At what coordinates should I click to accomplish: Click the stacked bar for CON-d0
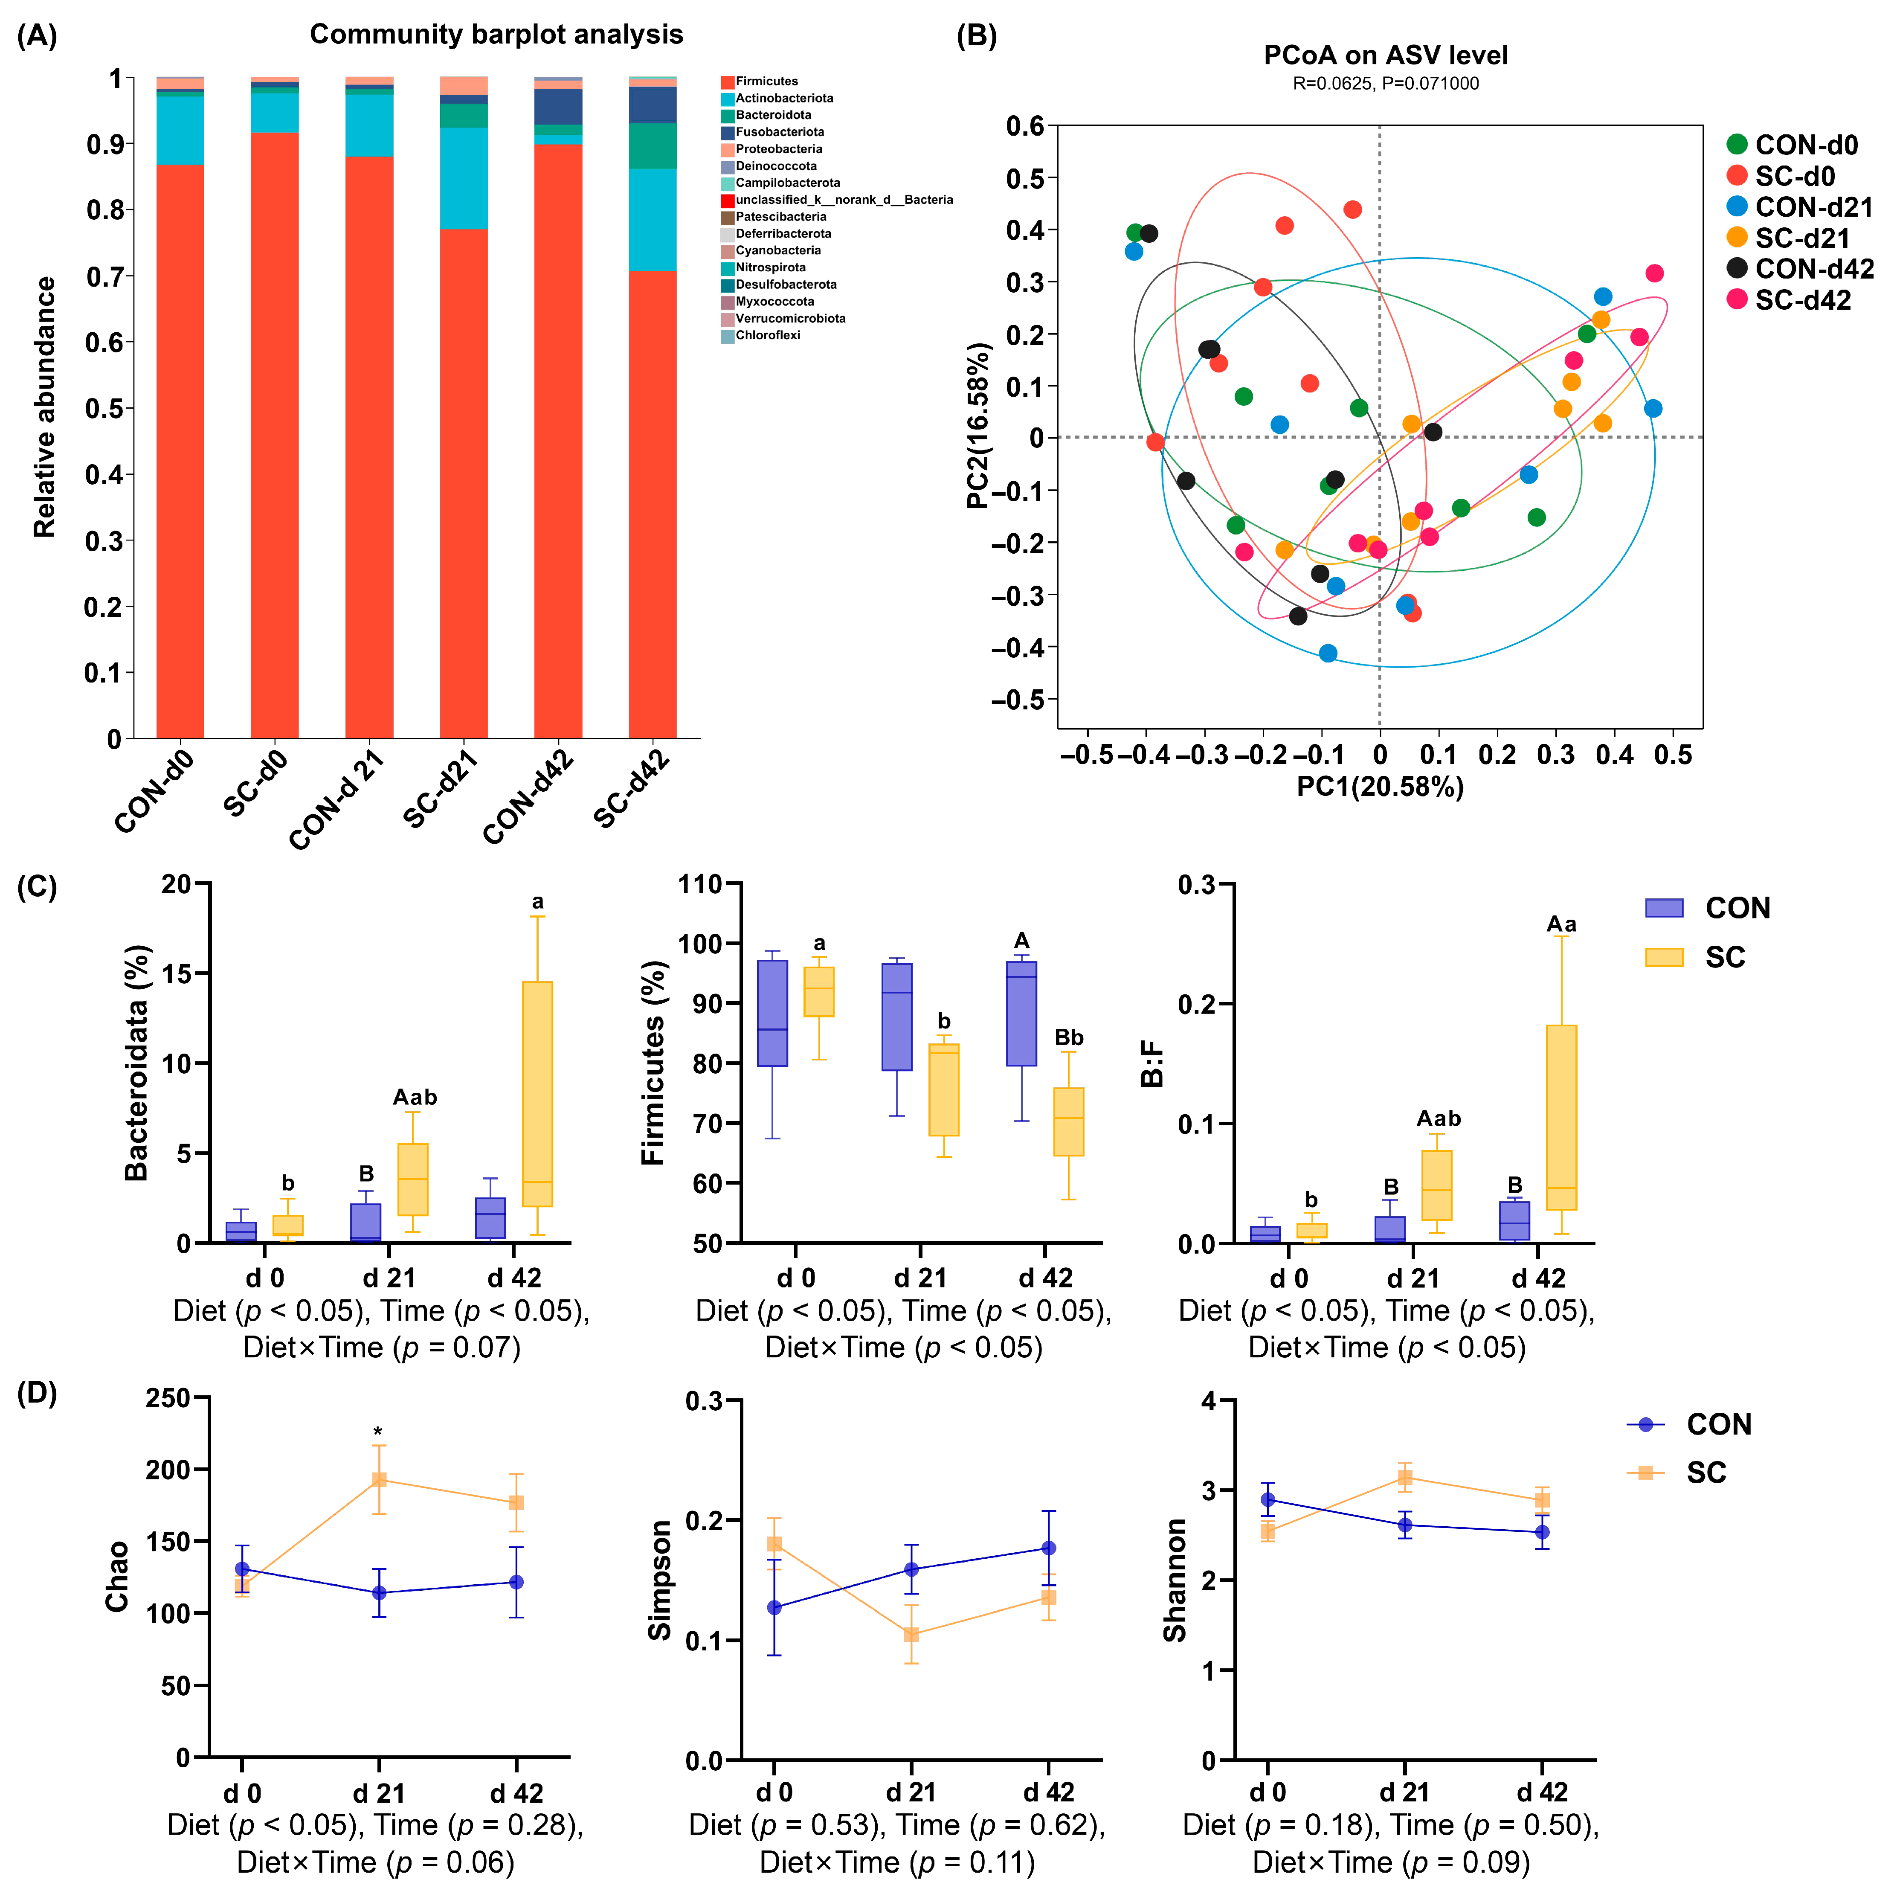pyautogui.click(x=180, y=451)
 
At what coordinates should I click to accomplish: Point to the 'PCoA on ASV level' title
pyautogui.click(x=1385, y=55)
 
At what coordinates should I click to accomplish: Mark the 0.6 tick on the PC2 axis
pyautogui.click(x=1024, y=126)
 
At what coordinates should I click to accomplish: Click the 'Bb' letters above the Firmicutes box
pyautogui.click(x=1069, y=1037)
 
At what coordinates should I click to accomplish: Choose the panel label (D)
pyautogui.click(x=37, y=1393)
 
